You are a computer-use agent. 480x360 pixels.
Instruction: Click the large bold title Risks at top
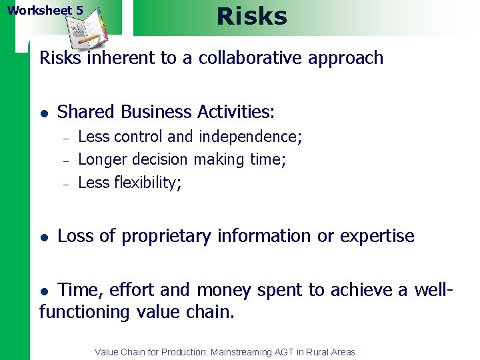click(x=252, y=16)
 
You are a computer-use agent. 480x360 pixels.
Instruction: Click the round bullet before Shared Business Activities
click(x=43, y=112)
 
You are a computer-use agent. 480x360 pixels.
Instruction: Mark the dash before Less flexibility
click(x=66, y=183)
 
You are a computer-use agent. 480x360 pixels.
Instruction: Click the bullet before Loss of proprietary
click(x=43, y=237)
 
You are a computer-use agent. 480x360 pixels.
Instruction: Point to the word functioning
click(x=85, y=312)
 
